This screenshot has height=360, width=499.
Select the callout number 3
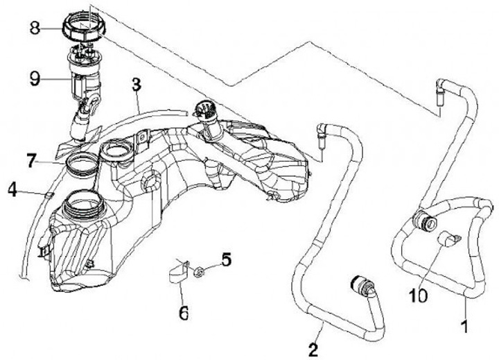137,85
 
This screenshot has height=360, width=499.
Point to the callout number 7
12,187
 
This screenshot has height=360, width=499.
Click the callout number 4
226,260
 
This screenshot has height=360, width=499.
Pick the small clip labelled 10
447,239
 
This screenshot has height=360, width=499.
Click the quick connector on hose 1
422,222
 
